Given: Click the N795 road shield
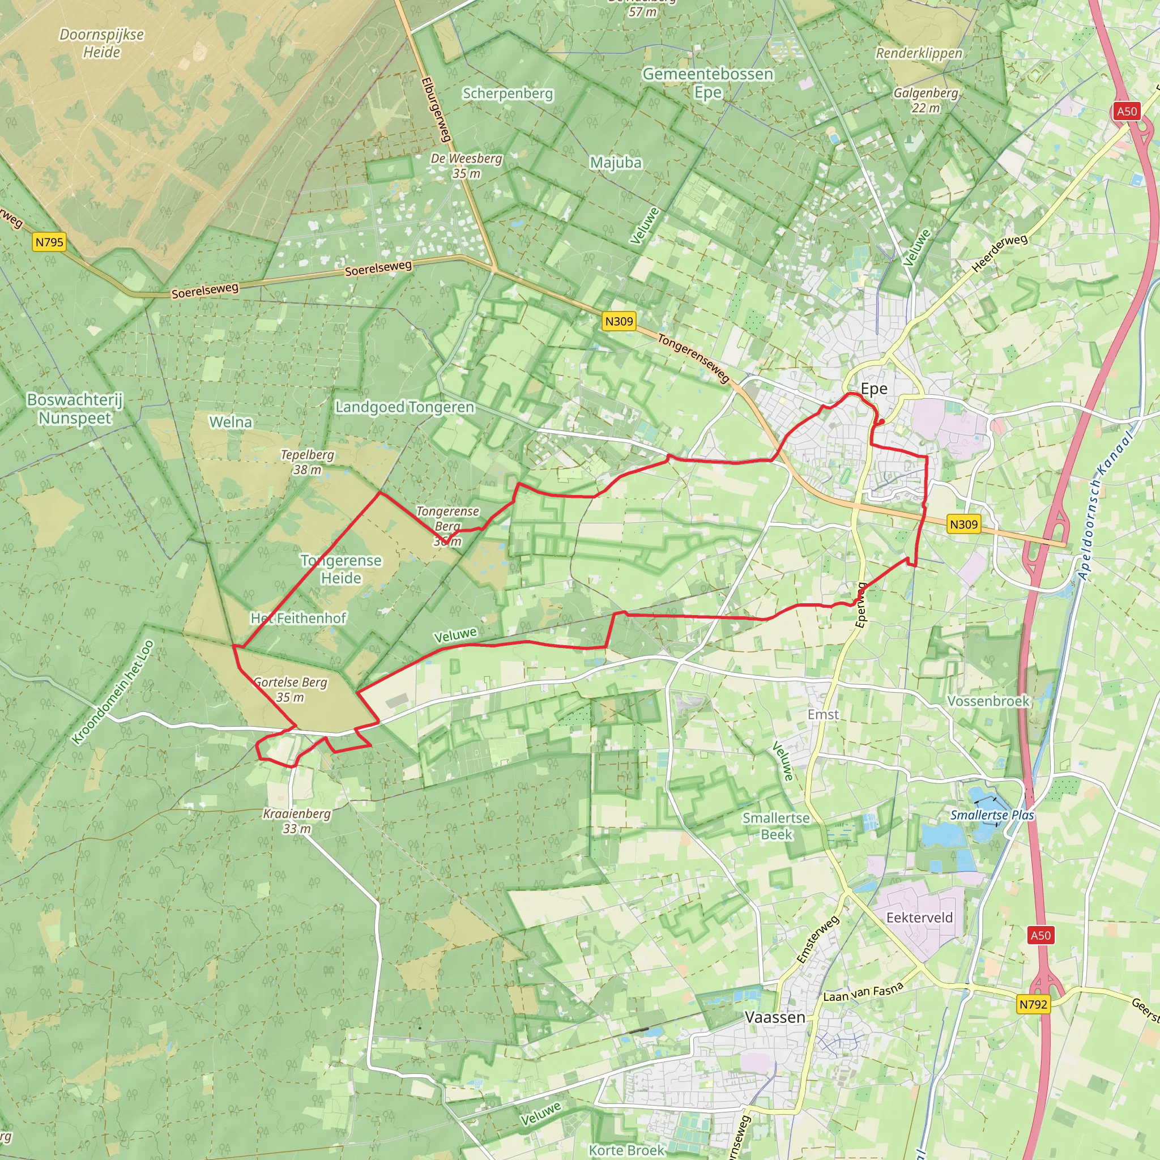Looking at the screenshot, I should [49, 242].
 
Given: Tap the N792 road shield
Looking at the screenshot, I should [1033, 1004].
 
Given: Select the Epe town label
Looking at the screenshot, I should [873, 389].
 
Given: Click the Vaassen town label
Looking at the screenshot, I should [774, 1018].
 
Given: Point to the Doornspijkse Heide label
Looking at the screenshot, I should [101, 43].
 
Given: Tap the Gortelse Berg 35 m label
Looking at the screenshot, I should [291, 690].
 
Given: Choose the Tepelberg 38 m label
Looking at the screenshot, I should [307, 462].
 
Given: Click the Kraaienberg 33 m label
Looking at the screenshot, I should [297, 821].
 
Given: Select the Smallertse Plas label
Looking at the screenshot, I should [992, 816].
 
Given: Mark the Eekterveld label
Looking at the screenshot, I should [919, 918].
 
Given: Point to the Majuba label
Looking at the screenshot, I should [616, 163].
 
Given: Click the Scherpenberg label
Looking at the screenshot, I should [507, 93].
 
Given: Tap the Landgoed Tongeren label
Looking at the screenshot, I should [404, 408].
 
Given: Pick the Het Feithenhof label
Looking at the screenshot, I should [298, 619].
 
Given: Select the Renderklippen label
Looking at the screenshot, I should [919, 53].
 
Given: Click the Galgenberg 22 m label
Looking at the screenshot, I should [926, 100].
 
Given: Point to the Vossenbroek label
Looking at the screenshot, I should [988, 701].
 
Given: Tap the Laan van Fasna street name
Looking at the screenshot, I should [863, 992].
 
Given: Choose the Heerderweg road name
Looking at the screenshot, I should [1000, 253].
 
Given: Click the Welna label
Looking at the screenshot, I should [231, 422].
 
